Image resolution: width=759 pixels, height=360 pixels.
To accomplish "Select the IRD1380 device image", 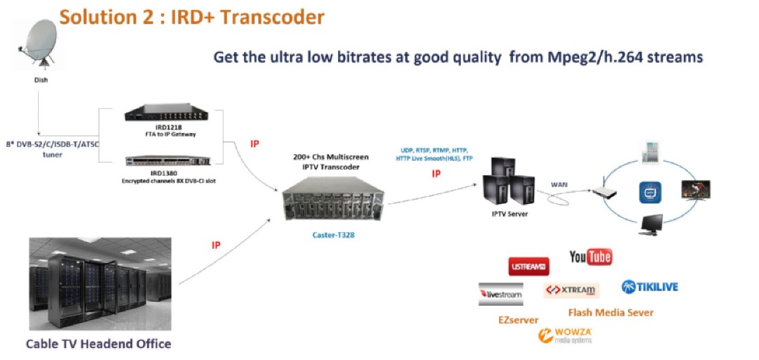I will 169,160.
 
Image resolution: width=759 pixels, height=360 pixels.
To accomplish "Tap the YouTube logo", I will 590,257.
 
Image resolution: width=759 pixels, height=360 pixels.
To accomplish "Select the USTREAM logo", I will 528,266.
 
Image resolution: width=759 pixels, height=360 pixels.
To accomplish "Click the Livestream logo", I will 501,294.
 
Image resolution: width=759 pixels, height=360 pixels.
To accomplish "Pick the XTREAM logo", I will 570,290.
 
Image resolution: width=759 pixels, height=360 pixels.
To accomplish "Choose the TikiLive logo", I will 650,287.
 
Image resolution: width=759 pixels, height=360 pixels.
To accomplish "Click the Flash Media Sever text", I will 610,312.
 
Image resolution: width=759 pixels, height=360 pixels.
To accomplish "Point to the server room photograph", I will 100,283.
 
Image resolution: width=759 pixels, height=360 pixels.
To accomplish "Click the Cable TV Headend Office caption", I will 98,344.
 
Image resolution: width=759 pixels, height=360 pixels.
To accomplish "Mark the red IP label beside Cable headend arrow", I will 216,245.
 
